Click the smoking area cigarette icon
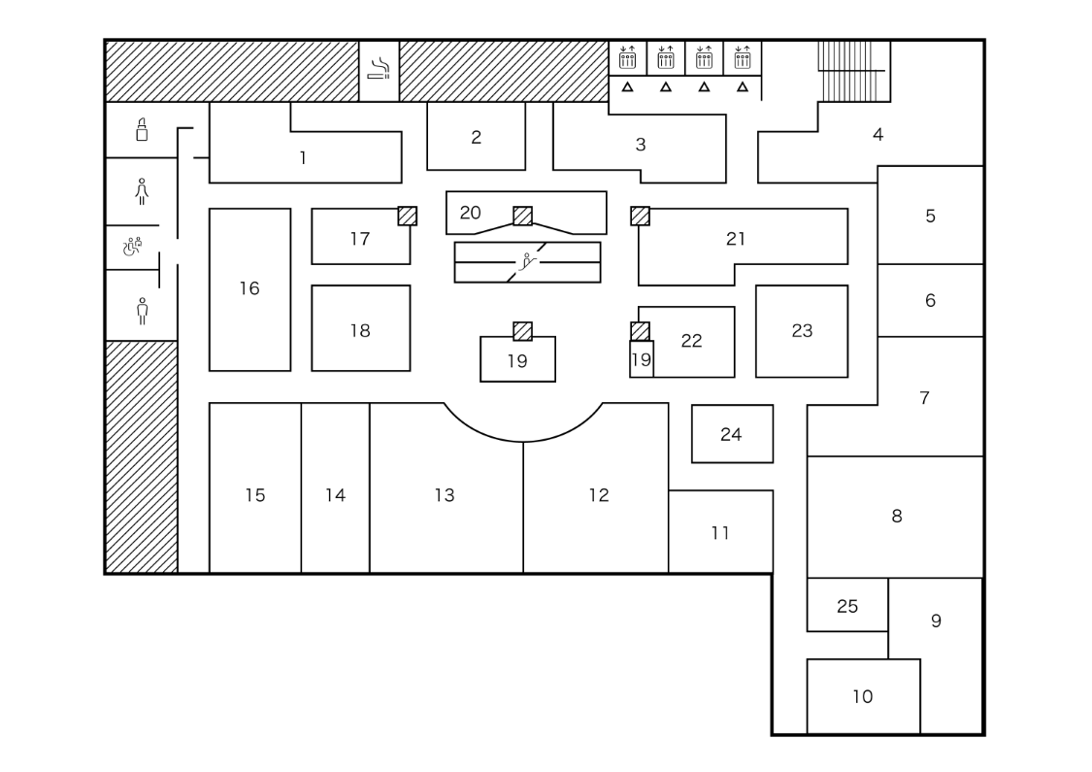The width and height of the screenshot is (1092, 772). [x=380, y=68]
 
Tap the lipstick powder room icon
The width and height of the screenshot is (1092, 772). [x=142, y=129]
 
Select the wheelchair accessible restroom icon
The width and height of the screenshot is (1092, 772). [x=132, y=247]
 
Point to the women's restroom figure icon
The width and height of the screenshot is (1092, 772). [x=142, y=191]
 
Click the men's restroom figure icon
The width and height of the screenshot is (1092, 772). [x=142, y=311]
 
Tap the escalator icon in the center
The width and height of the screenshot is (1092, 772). [x=528, y=260]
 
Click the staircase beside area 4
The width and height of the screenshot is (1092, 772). [x=853, y=71]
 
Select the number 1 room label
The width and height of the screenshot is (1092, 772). [x=303, y=157]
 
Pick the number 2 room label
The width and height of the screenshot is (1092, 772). [x=476, y=137]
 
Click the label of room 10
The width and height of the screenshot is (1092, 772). [x=862, y=696]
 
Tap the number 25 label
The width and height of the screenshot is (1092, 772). [x=846, y=606]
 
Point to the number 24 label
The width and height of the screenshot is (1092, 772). [x=731, y=434]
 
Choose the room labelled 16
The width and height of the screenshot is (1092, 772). [x=249, y=288]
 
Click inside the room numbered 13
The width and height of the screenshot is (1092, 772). [x=445, y=495]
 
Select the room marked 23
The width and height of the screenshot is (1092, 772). [x=802, y=331]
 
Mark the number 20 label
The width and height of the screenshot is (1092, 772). [x=470, y=212]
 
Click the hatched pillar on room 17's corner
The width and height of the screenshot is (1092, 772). [x=408, y=216]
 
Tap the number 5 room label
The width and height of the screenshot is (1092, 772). [x=930, y=216]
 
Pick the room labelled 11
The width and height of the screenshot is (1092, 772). [x=720, y=532]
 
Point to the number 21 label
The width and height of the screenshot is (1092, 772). [x=736, y=238]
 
